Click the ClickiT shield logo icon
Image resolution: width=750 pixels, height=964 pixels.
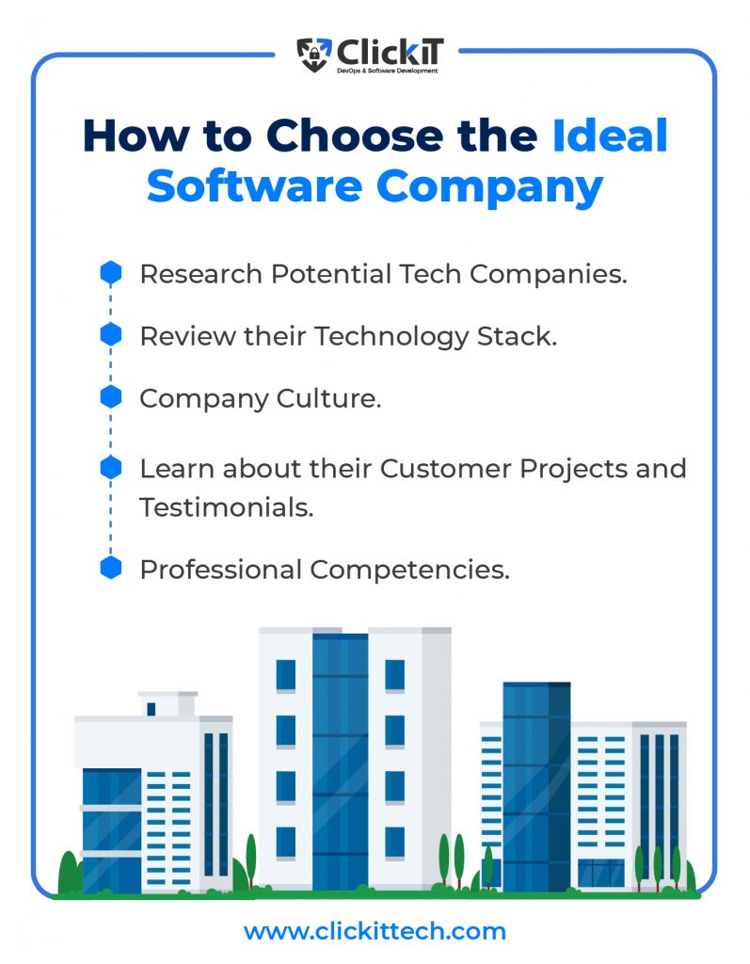coord(314,56)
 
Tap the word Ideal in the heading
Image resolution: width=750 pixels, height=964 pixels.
coord(610,136)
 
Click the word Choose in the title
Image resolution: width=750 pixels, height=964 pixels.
coord(355,136)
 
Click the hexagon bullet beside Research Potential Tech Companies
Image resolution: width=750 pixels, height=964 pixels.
coord(111,272)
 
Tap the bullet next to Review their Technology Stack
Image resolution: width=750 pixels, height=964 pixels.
coord(111,334)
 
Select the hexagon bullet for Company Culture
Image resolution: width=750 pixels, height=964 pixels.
coord(111,396)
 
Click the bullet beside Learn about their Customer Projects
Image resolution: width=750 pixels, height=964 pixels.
coord(111,467)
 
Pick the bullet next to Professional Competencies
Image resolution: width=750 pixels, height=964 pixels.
coord(111,568)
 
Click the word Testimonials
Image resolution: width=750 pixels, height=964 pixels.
coord(227,507)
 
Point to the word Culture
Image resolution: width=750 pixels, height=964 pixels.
coord(329,398)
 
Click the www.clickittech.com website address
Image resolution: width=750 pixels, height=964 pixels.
coord(375,931)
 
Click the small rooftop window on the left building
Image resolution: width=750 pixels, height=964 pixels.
coord(152,709)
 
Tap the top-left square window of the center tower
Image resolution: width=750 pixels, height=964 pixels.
coord(286,675)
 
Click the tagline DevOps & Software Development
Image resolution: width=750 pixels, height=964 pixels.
coord(388,72)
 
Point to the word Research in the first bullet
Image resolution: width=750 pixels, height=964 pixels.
coord(201,274)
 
